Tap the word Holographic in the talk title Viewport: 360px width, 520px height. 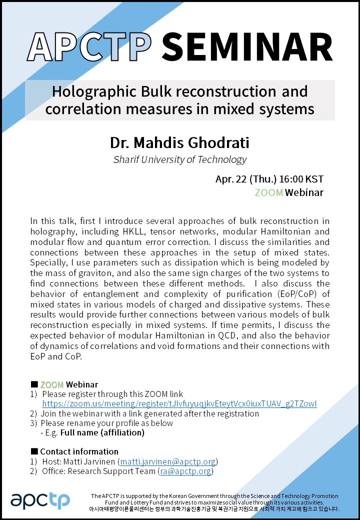[93, 91]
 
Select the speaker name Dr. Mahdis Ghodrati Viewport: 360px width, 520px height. [179, 142]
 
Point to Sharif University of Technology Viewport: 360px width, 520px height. [179, 160]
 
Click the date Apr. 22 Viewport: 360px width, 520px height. [232, 179]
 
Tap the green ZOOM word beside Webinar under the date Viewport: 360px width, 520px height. [268, 192]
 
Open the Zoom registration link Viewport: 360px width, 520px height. [179, 403]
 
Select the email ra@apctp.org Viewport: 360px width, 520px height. [184, 471]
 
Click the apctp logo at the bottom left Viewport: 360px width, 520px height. [40, 499]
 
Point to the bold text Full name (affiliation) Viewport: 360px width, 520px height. [102, 432]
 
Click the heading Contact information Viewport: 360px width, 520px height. [79, 451]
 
